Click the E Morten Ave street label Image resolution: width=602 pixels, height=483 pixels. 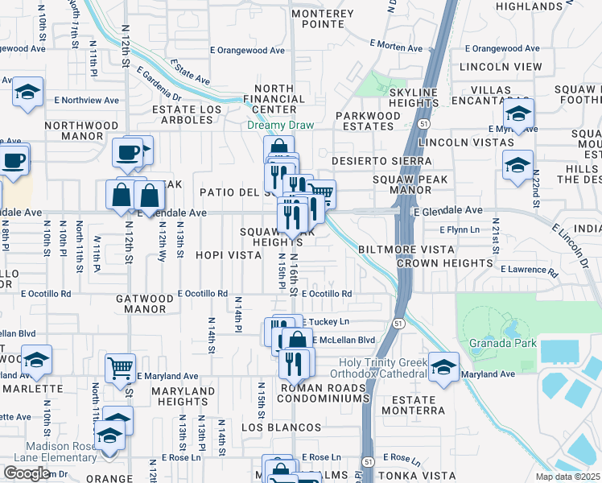396,46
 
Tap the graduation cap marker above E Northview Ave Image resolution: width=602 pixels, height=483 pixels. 27,93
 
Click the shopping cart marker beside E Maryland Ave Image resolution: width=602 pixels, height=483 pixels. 120,368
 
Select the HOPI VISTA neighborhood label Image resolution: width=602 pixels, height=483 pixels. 228,255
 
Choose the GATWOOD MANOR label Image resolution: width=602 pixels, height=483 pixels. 145,303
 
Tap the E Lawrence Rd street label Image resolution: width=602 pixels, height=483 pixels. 529,270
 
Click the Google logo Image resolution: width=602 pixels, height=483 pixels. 26,473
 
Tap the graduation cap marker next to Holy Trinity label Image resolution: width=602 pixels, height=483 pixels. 443,368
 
